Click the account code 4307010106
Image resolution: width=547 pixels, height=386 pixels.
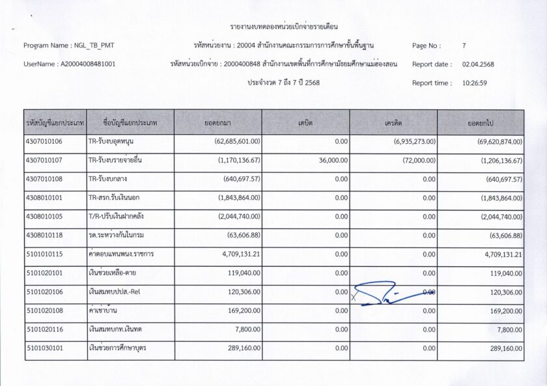click(44, 141)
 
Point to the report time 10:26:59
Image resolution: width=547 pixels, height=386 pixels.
click(475, 83)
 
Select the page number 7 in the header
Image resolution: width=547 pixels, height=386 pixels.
click(464, 46)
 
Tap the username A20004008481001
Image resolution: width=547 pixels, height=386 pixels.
click(88, 64)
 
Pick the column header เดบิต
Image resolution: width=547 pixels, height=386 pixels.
click(305, 122)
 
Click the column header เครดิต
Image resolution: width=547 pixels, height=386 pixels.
click(393, 122)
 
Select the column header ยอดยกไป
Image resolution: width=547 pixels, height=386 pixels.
click(480, 122)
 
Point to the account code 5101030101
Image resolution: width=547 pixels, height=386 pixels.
click(44, 349)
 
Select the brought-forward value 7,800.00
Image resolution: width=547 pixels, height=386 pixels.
click(247, 330)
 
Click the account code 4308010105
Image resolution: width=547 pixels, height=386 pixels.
click(44, 217)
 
